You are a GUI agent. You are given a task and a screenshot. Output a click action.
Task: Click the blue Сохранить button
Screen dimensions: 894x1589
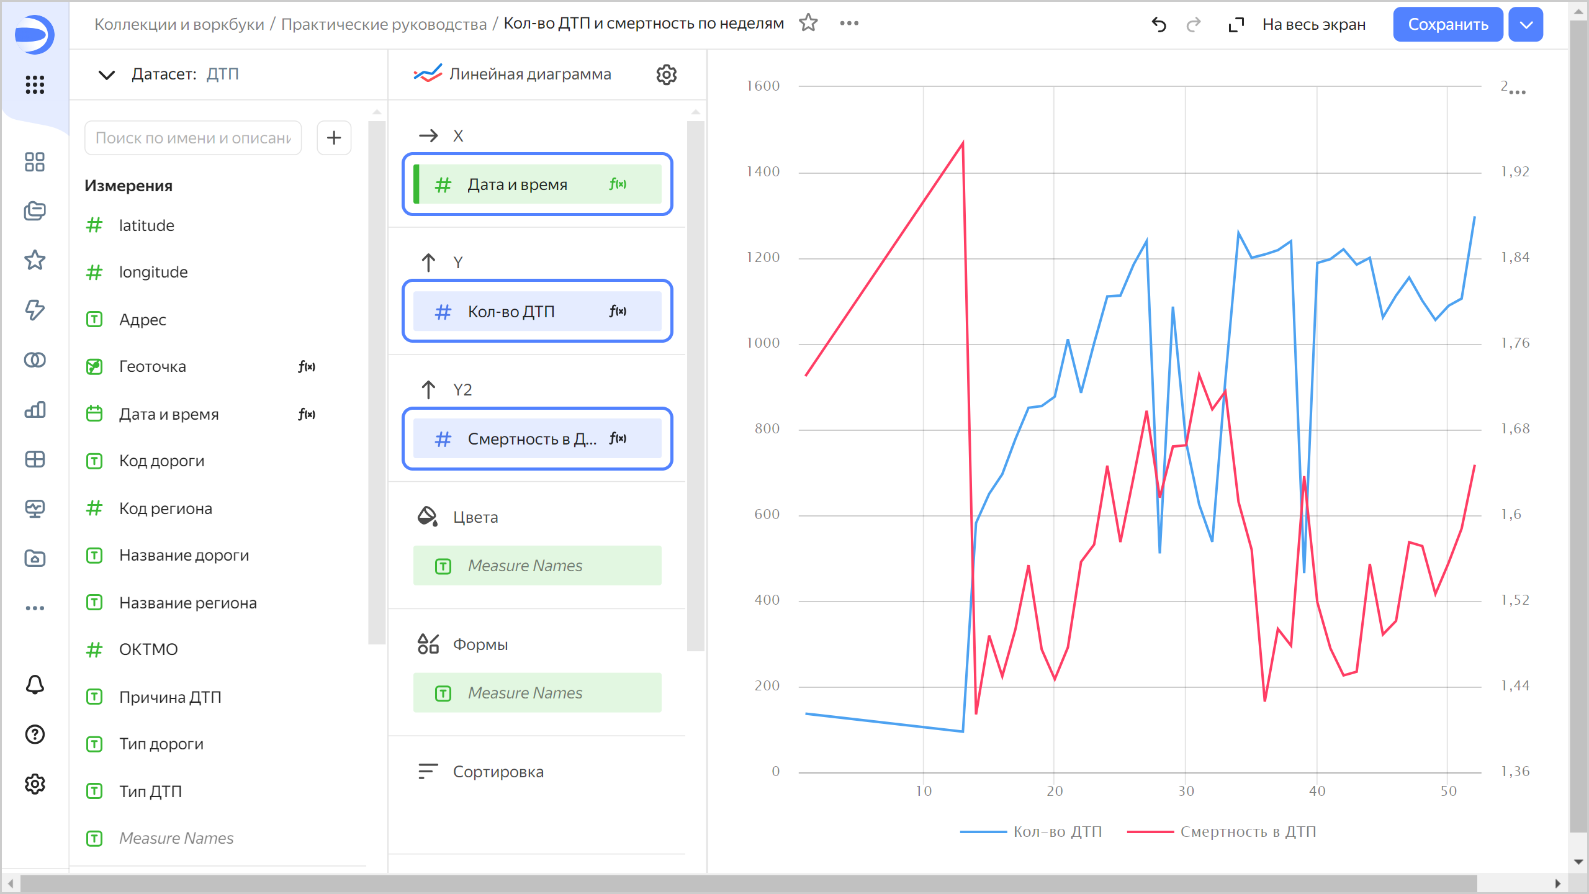click(x=1447, y=25)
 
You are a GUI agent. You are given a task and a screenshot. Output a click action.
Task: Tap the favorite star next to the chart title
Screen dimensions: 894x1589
click(x=808, y=23)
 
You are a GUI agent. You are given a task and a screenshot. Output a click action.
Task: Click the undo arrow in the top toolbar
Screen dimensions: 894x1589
click(x=1159, y=25)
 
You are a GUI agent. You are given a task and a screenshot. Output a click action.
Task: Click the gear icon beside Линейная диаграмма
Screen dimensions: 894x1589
click(x=666, y=74)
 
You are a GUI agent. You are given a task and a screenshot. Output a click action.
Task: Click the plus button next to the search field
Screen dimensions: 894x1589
click(x=334, y=138)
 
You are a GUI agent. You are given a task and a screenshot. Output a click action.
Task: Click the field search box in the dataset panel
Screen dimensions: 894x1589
click(x=193, y=138)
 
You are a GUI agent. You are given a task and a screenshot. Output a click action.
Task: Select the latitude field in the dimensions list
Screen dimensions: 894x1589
click(x=146, y=225)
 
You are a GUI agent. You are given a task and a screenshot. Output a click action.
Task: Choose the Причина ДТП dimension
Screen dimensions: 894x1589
click(x=170, y=697)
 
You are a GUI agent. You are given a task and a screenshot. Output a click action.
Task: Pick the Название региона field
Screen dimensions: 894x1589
click(x=187, y=603)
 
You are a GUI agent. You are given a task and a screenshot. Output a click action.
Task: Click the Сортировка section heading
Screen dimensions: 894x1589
click(x=498, y=772)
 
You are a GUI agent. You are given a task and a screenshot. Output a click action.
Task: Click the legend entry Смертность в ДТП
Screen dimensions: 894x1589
click(x=1248, y=832)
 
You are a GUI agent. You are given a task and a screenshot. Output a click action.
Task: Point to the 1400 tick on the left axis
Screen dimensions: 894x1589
click(x=763, y=172)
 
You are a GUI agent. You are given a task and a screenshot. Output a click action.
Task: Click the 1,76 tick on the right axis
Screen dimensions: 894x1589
click(x=1515, y=343)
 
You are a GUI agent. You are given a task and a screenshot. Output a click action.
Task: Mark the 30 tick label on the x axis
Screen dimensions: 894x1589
click(x=1186, y=791)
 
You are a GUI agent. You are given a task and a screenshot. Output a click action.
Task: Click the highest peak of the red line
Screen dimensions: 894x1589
click(x=963, y=143)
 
